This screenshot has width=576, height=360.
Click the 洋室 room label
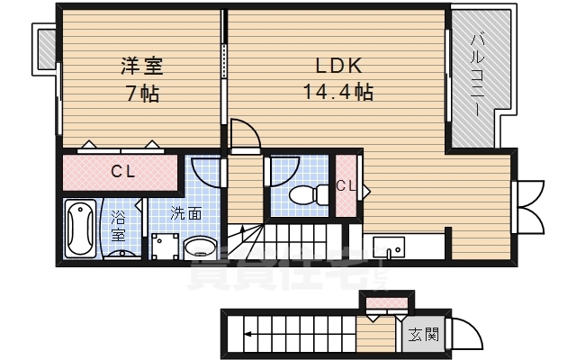(142, 66)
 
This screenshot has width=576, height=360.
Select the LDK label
(337, 66)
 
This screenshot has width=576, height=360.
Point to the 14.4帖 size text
(337, 92)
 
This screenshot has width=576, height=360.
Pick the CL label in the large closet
(123, 172)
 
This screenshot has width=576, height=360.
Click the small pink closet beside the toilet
(346, 186)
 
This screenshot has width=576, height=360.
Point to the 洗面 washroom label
(186, 213)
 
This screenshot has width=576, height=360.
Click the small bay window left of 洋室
(45, 49)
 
